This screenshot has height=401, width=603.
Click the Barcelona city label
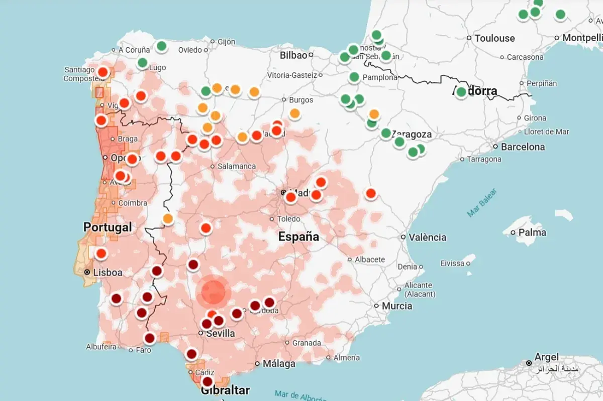[523, 147]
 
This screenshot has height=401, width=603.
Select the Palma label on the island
[532, 232]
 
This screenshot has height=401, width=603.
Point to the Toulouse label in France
[494, 38]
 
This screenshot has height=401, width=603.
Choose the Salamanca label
[236, 166]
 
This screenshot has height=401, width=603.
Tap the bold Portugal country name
[108, 227]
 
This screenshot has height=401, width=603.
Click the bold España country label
[299, 236]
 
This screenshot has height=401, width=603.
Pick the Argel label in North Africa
[546, 357]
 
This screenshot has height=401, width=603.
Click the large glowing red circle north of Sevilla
[214, 292]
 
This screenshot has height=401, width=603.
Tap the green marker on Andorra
[461, 92]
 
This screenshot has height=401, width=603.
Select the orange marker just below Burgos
[295, 113]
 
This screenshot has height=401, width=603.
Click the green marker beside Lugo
[143, 63]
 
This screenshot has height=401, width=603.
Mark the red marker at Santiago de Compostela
[103, 72]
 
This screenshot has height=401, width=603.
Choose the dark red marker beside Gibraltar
[207, 381]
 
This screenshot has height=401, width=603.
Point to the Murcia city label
[396, 306]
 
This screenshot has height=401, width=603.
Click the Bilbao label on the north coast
[293, 55]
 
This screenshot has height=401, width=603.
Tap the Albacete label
[369, 259]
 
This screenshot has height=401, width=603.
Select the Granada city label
[307, 343]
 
